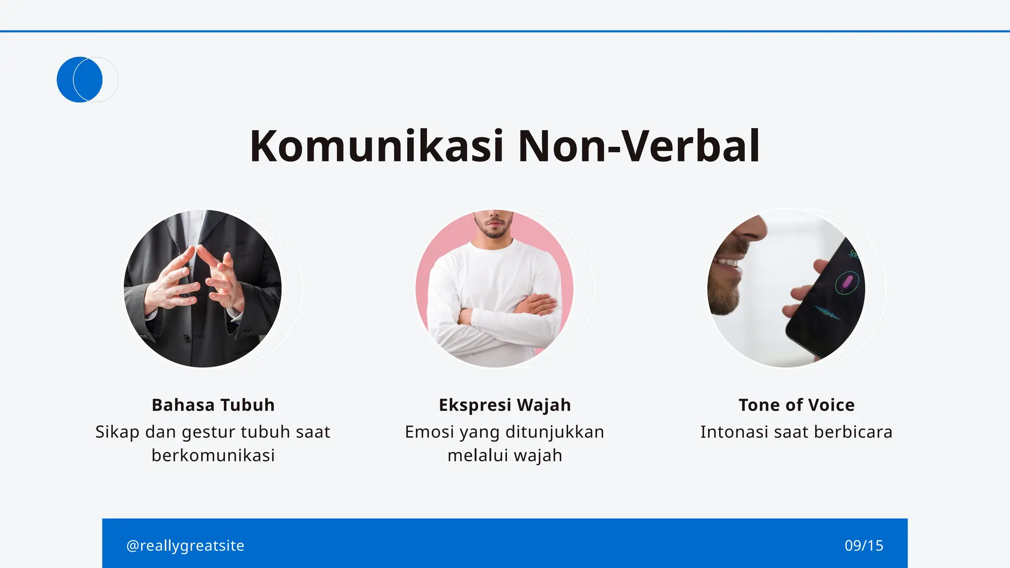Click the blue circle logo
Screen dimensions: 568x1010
pyautogui.click(x=79, y=79)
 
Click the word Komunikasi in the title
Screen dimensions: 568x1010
pyautogui.click(x=376, y=146)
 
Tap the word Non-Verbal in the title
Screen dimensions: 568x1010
pyautogui.click(x=638, y=146)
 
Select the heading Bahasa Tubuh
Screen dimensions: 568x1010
pyautogui.click(x=213, y=405)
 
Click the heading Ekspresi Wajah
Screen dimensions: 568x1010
pyautogui.click(x=505, y=405)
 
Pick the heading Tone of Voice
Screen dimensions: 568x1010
pyautogui.click(x=796, y=405)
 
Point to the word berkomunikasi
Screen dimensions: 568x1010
pyautogui.click(x=213, y=455)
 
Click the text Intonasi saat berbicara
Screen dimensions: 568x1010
pyautogui.click(x=796, y=432)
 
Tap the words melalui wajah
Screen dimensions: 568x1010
pyautogui.click(x=505, y=455)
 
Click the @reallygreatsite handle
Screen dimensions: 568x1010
pyautogui.click(x=185, y=545)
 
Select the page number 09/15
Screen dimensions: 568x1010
pyautogui.click(x=864, y=545)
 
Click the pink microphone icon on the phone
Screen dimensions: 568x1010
pyautogui.click(x=847, y=283)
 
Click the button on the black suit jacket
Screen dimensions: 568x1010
pyautogui.click(x=186, y=338)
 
